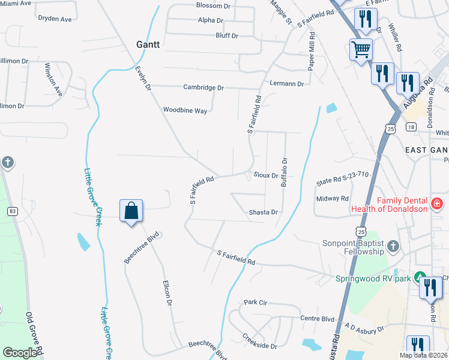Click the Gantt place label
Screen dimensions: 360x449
click(147, 45)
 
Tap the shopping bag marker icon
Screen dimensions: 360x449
click(131, 211)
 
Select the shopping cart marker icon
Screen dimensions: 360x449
click(361, 50)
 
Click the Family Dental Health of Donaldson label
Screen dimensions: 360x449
click(402, 205)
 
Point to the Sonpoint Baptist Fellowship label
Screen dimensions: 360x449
click(352, 248)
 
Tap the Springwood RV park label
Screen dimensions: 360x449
click(373, 278)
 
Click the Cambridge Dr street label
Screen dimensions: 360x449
click(203, 88)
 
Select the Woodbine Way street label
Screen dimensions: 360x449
click(185, 110)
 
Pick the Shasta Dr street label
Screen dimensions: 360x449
click(264, 212)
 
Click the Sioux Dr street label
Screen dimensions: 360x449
click(265, 176)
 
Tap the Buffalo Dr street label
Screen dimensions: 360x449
click(285, 172)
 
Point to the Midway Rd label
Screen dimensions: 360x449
click(333, 199)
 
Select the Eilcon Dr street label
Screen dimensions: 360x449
click(167, 295)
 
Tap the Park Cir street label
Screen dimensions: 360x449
click(255, 302)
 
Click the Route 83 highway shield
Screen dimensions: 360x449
click(11, 211)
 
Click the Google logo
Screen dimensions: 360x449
click(20, 353)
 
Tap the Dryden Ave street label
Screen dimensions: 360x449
click(55, 19)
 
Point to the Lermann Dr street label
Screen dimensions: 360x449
click(287, 83)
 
